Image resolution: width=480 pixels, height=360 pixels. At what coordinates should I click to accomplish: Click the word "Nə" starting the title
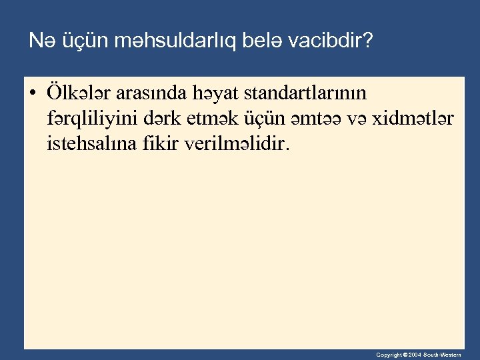click(x=39, y=42)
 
